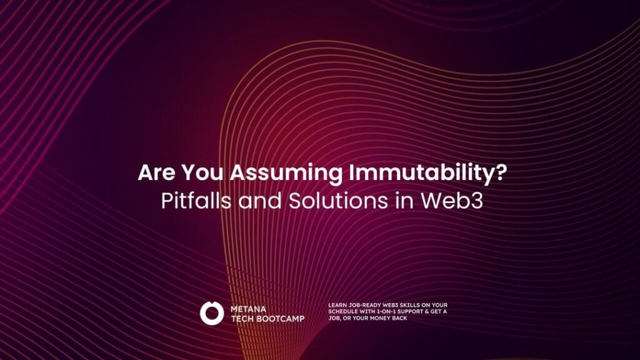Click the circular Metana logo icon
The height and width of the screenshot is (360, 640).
coord(211,312)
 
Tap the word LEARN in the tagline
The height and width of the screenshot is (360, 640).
coord(337,305)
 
